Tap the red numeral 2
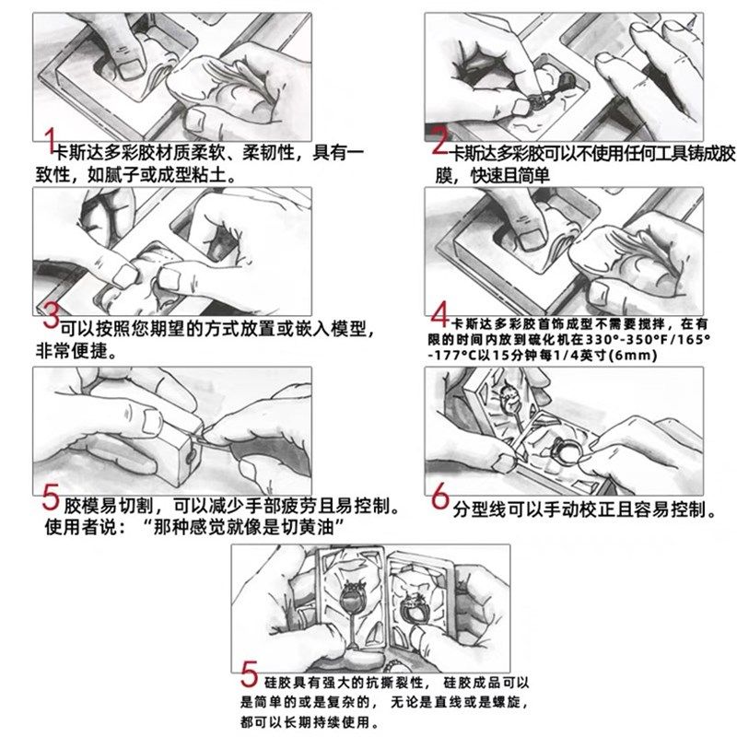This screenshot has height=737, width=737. pos(440,143)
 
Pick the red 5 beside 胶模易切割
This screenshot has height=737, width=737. pos(51,502)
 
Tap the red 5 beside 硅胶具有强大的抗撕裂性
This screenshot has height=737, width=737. pos(249,677)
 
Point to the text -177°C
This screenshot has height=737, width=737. pos(452,357)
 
